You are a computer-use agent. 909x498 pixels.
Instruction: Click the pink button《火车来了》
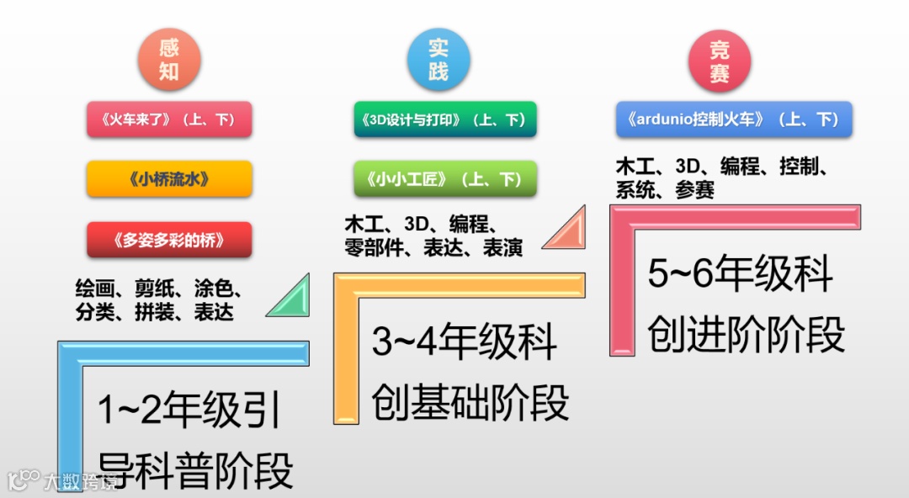pos(169,119)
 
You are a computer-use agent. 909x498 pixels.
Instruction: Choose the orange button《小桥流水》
pos(169,178)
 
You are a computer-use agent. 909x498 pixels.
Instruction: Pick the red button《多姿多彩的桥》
pos(169,240)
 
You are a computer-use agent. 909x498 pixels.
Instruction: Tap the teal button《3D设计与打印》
pos(444,119)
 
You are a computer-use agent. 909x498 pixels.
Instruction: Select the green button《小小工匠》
pos(444,179)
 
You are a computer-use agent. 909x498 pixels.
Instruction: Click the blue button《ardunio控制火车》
pos(734,119)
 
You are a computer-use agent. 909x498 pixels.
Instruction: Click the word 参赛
pos(694,190)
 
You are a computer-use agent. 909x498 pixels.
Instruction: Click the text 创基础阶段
pos(470,402)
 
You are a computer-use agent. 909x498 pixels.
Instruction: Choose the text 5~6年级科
pos(740,275)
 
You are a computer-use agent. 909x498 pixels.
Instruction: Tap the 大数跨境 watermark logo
pos(63,480)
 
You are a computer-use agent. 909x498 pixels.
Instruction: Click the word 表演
pos(502,248)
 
